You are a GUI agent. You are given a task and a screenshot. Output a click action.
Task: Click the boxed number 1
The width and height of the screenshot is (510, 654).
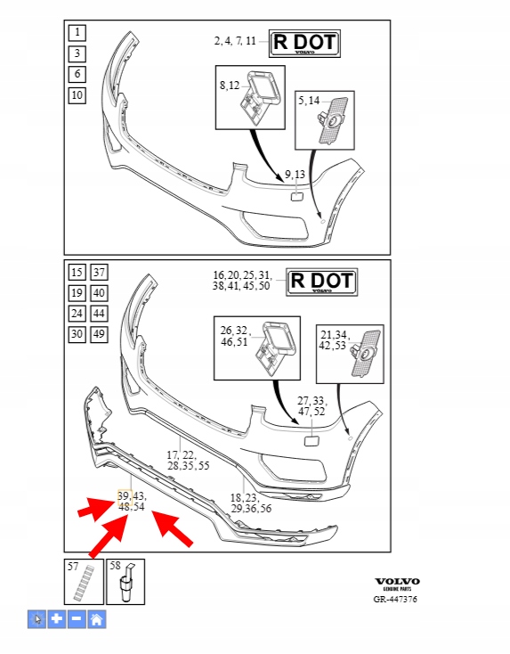coord(77,33)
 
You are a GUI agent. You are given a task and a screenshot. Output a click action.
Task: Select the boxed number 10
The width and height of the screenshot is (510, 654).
coord(77,95)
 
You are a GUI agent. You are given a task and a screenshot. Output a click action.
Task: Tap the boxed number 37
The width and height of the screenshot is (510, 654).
coord(99,273)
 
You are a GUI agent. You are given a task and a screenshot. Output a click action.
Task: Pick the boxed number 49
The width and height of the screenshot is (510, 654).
coord(99,334)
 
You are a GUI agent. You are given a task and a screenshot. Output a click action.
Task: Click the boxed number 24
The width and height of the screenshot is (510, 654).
coord(77,314)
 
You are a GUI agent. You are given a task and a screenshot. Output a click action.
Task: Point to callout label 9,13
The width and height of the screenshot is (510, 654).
coord(295,175)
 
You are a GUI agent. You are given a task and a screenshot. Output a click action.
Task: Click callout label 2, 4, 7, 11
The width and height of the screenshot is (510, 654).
coord(235,41)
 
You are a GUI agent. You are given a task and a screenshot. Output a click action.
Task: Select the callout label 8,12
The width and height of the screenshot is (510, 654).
coord(230,86)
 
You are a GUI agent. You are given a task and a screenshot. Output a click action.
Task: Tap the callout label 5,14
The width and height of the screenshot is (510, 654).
coord(309,101)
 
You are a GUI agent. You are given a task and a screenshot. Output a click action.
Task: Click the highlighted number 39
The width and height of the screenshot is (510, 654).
coord(125,496)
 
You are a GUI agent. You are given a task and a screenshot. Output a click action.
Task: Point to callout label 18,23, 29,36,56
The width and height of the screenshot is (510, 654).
coord(251,503)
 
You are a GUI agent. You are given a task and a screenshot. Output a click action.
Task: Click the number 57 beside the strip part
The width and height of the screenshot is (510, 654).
coord(73,567)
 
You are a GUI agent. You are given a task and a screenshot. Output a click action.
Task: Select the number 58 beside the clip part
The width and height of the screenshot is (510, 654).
coord(115,566)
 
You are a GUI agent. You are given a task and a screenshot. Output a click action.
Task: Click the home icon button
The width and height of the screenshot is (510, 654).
coord(97,619)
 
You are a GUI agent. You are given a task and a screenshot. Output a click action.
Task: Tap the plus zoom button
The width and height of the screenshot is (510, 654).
coord(57,619)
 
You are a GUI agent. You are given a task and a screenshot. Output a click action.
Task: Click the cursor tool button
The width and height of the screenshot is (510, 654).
coord(37,619)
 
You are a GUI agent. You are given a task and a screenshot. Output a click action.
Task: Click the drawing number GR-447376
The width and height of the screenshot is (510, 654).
coord(395,600)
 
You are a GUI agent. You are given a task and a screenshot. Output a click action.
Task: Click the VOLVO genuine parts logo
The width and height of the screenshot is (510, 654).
coord(397,585)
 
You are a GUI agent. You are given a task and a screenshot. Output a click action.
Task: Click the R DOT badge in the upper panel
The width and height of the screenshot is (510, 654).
coord(304,44)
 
